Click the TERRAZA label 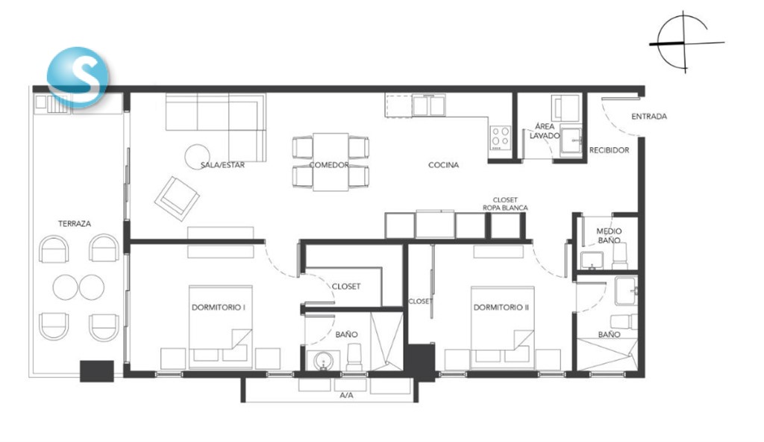click(75, 224)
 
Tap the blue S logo click(78, 77)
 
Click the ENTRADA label click(649, 116)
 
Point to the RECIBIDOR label click(609, 150)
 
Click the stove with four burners click(501, 137)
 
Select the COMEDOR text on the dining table click(329, 165)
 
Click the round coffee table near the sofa click(197, 156)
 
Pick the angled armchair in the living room click(177, 199)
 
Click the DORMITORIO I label click(219, 308)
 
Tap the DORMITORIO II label click(501, 308)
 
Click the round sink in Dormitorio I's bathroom click(322, 361)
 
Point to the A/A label click(346, 395)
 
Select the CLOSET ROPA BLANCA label click(505, 204)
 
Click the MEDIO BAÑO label click(609, 236)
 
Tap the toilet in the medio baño click(620, 255)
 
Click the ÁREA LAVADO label click(545, 131)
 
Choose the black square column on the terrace click(97, 371)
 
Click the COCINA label click(443, 165)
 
